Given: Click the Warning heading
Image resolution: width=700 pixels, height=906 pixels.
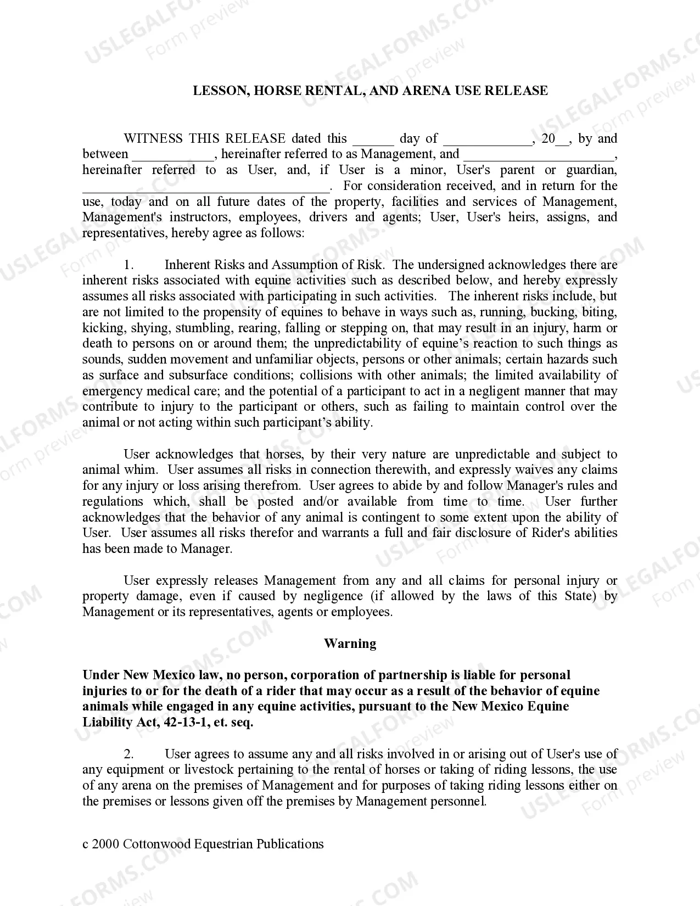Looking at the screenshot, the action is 350,644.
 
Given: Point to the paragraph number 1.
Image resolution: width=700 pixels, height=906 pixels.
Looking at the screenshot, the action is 128,265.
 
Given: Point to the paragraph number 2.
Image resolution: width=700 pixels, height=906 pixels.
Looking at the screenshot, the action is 128,754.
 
